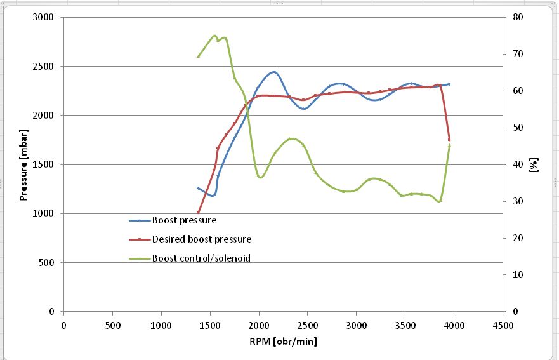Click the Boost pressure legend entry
tap(184, 220)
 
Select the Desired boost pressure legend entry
tap(201, 239)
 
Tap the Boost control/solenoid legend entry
tap(197, 258)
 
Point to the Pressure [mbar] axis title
tap(23, 164)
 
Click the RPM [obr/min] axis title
tap(283, 342)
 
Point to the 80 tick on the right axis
tap(518, 17)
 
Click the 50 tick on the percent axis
tap(518, 128)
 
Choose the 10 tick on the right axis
tap(518, 275)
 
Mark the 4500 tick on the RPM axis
tap(503, 325)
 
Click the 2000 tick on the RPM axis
tap(259, 325)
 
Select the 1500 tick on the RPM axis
tap(210, 325)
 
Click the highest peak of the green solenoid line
tap(214, 36)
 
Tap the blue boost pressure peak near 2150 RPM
tap(273, 72)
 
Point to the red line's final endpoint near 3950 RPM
tap(449, 139)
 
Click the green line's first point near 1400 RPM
tap(198, 57)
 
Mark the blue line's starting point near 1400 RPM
tap(198, 188)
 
